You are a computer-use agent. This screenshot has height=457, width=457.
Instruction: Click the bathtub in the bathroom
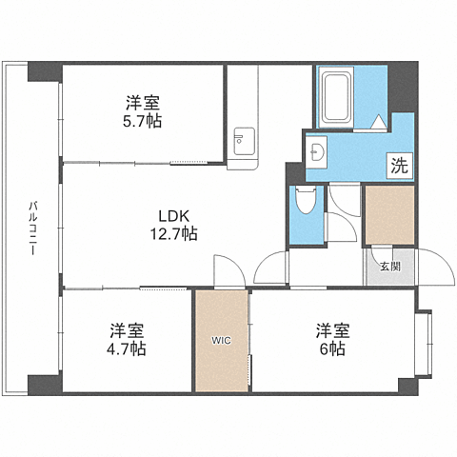coord(336,97)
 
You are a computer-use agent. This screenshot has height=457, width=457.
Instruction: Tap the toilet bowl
coord(306,200)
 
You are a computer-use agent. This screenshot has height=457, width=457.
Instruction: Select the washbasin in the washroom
coord(316,152)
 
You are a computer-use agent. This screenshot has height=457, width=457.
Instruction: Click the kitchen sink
coord(244,142)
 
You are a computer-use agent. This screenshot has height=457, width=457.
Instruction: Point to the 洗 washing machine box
coord(399,166)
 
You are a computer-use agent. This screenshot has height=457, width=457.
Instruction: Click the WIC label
coord(222,341)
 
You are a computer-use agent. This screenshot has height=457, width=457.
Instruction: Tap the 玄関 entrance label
coord(390,268)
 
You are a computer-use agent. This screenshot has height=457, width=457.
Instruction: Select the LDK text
coord(174,216)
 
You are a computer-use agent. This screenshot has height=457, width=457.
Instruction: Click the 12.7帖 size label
coord(173,234)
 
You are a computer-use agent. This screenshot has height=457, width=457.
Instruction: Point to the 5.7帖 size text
coord(142,121)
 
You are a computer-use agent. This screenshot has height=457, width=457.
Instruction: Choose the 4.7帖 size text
coord(127,349)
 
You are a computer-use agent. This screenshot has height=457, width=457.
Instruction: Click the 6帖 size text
coord(332,349)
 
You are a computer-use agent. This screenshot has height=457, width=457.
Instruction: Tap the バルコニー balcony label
coord(32,228)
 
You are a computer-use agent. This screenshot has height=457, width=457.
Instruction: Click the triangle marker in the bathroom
coord(378,122)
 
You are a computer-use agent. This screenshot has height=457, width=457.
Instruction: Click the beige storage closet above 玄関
coord(390,215)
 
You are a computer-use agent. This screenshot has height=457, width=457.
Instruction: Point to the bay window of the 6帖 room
coord(425,344)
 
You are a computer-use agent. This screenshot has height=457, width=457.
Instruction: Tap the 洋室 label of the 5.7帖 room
coord(142,103)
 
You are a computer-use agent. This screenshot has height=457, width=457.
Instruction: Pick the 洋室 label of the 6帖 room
coord(332,330)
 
